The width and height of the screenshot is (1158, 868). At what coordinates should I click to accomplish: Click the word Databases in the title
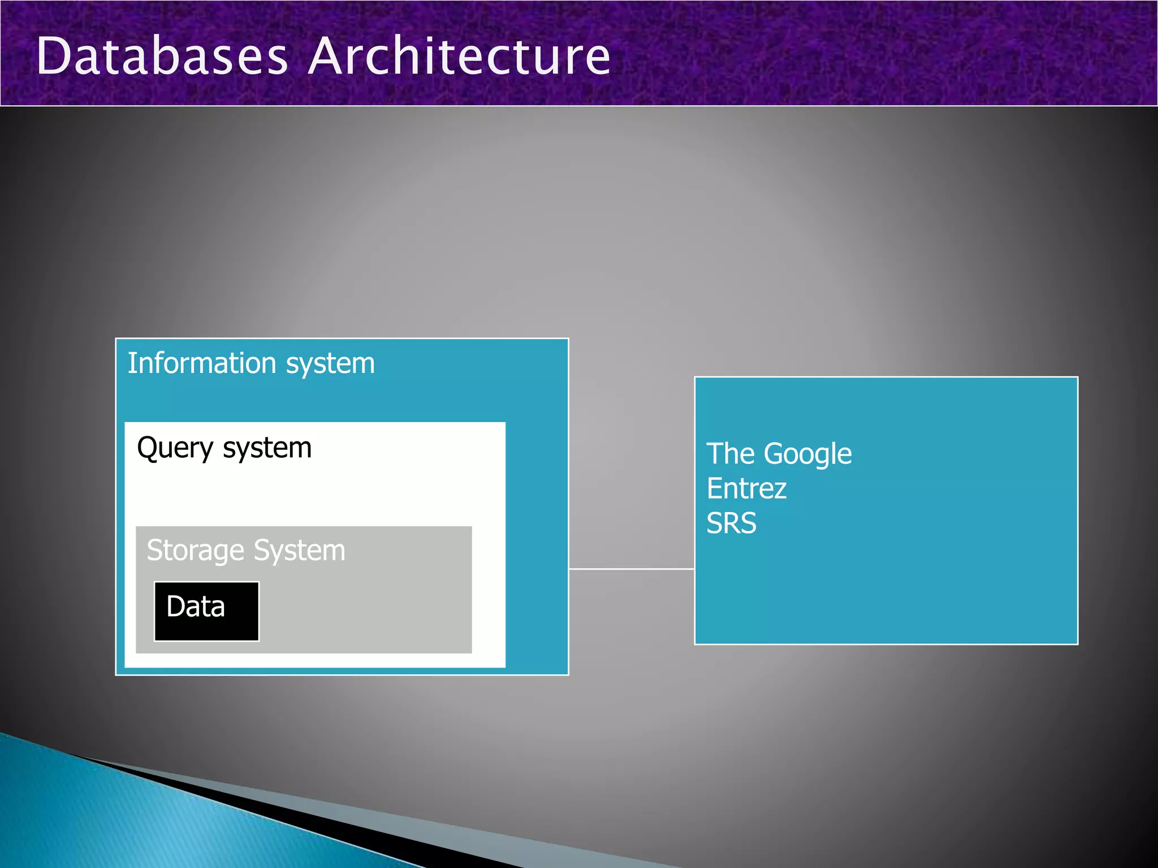tap(162, 56)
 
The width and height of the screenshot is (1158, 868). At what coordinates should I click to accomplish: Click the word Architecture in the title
tap(459, 56)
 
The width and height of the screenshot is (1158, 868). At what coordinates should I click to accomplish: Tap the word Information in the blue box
tap(202, 363)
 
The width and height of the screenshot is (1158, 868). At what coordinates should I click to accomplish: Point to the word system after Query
tap(267, 449)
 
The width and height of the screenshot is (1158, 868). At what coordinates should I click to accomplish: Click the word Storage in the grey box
tap(195, 551)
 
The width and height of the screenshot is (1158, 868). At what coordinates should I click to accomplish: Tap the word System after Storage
tap(299, 551)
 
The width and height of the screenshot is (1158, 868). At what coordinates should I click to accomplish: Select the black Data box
tap(206, 611)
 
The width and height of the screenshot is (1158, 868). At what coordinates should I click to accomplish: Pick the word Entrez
tap(746, 488)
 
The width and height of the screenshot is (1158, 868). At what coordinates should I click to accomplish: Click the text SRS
tap(731, 523)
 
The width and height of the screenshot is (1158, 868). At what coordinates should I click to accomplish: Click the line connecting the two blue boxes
tap(632, 569)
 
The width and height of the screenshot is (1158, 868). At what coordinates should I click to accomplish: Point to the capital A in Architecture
tap(327, 56)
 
